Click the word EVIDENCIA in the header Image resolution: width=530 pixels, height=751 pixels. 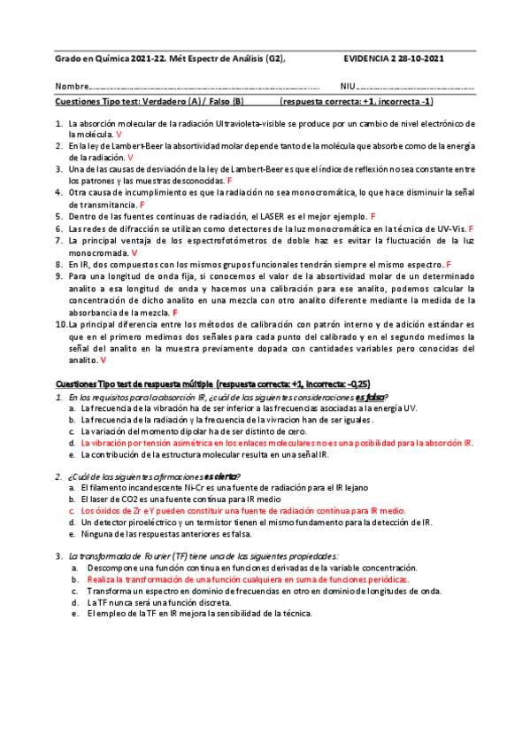pyautogui.click(x=365, y=58)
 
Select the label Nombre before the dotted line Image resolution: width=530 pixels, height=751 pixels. pyautogui.click(x=72, y=87)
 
